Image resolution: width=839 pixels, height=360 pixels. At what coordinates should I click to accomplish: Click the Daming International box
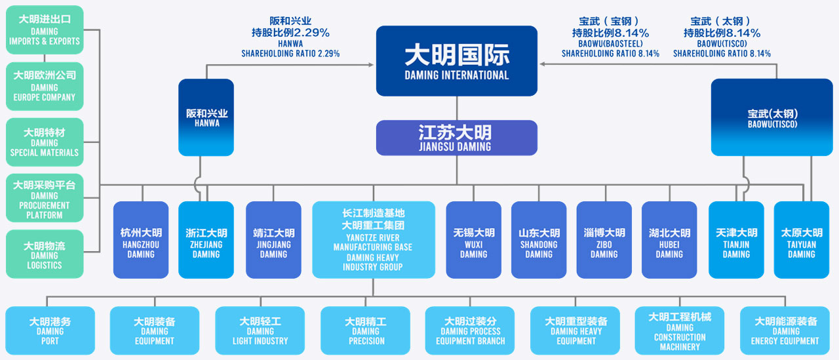[x=456, y=60]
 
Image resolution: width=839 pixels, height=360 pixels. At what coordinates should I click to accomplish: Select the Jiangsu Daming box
[x=456, y=138]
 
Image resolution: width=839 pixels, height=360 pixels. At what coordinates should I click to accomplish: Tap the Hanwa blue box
[x=206, y=117]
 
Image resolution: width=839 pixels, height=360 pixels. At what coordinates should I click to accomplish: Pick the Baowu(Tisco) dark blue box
[x=771, y=117]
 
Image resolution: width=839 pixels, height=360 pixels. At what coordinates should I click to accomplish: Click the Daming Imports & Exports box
[x=45, y=30]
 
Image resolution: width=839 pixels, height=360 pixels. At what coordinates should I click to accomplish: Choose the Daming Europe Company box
[x=45, y=86]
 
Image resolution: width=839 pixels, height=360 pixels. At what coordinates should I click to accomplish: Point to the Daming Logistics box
[x=45, y=254]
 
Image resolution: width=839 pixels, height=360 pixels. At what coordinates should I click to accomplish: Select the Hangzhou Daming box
[x=141, y=239]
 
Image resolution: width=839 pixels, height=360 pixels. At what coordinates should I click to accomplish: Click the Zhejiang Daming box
[x=206, y=239]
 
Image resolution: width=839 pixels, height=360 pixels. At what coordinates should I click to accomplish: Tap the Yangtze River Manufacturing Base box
[x=373, y=239]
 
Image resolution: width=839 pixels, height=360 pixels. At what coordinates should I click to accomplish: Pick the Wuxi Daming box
[x=473, y=239]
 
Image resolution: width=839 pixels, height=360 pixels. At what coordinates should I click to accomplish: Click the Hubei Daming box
[x=669, y=239]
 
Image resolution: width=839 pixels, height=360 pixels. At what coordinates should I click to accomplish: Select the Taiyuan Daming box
[x=801, y=239]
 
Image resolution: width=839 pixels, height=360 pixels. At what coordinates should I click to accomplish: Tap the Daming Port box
[x=50, y=330]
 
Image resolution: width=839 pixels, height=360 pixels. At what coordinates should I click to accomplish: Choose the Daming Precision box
[x=366, y=330]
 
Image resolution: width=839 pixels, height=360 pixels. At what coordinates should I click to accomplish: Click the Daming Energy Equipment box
[x=785, y=330]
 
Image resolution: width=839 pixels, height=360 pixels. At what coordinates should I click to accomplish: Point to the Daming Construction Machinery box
[x=680, y=330]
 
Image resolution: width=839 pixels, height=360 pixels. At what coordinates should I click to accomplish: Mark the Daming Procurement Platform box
[x=45, y=199]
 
